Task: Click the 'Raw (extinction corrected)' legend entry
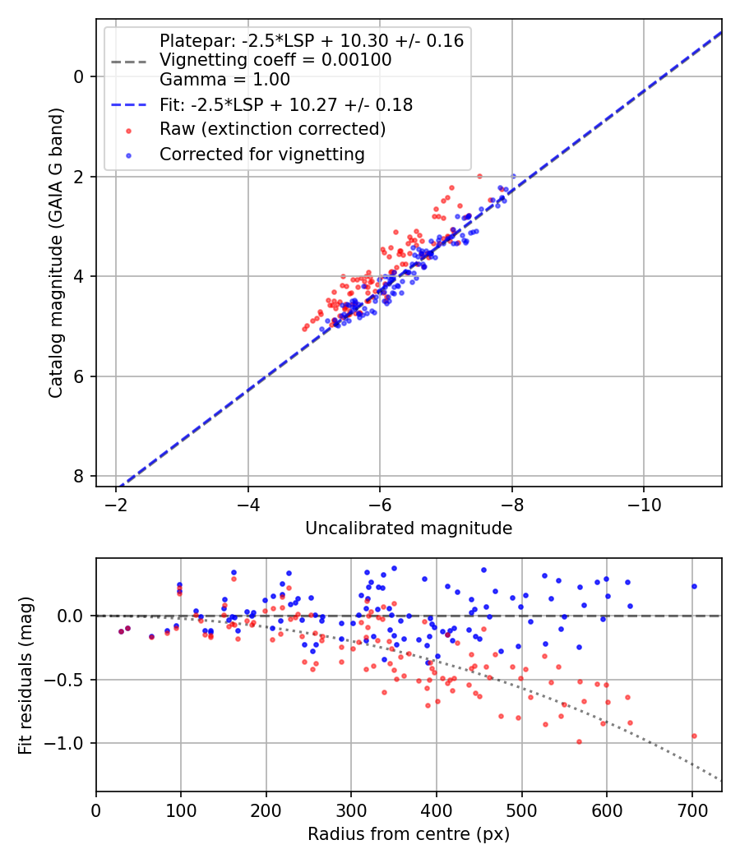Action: (272, 129)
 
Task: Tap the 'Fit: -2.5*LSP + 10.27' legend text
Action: (286, 104)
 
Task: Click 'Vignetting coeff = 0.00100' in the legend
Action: (275, 60)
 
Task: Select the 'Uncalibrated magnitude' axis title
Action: (409, 528)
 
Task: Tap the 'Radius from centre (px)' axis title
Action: (409, 834)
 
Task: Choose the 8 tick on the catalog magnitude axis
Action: (79, 477)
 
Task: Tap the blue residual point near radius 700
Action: (694, 586)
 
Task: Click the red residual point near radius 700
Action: (694, 736)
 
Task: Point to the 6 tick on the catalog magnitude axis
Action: (79, 376)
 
